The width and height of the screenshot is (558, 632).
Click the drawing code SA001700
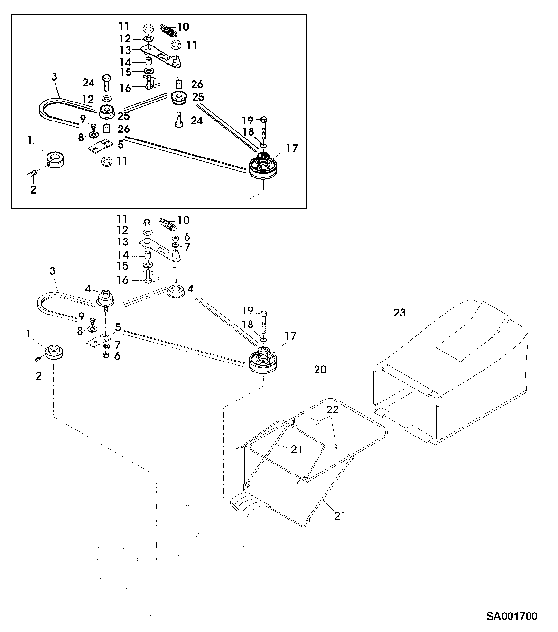tap(512, 616)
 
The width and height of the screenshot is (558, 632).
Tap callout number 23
tap(400, 313)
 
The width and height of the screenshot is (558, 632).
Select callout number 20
tap(320, 369)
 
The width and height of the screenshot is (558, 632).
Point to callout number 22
tap(333, 410)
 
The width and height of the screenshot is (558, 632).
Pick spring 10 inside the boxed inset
tap(168, 30)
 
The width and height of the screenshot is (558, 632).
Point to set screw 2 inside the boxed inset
tap(32, 176)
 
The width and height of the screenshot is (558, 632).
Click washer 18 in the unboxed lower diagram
tap(263, 340)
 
